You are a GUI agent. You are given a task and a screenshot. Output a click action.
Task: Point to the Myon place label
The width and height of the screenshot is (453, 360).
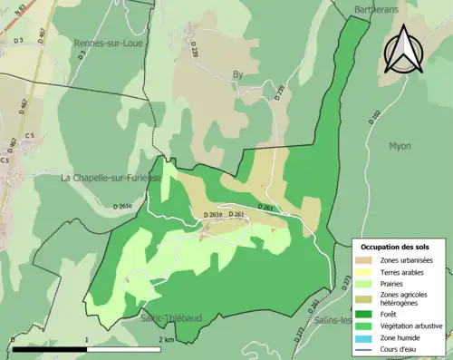(400, 145)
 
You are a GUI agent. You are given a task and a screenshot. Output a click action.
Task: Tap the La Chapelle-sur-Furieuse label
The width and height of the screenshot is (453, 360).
(111, 178)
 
